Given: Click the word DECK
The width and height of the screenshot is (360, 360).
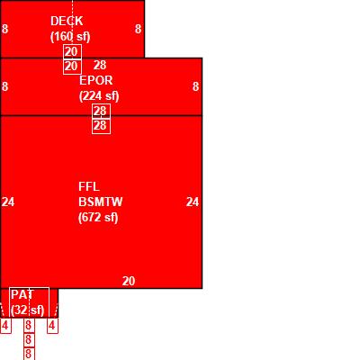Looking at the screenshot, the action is point(67,21).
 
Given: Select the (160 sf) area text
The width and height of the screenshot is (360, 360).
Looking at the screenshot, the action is point(70,37).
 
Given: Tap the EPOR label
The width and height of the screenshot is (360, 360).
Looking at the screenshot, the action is point(96,80).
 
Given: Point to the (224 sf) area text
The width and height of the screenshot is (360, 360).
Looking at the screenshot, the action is point(99,96).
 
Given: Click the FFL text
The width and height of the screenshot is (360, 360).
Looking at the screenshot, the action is point(89,186).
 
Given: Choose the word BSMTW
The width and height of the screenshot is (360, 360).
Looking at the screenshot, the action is point(101,202).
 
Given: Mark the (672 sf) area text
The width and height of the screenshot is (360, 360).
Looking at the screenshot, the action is point(98,218).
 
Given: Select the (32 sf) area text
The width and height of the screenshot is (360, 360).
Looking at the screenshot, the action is point(28,310).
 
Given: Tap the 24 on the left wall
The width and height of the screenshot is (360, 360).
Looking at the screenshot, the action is point(8,202).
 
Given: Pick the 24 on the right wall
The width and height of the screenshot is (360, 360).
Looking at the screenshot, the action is point(193,202).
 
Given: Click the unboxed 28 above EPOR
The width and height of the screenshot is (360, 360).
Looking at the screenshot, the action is point(100,65).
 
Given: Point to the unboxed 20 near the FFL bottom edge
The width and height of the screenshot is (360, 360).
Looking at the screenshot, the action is point(129,281).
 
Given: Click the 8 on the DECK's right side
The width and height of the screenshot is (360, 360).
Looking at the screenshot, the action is point(138,29).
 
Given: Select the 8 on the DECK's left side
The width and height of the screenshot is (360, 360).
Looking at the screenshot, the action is point(4,29).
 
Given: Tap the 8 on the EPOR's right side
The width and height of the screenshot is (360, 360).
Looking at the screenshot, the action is point(195,86).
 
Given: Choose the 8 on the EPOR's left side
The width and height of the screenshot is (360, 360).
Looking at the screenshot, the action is point(4,86).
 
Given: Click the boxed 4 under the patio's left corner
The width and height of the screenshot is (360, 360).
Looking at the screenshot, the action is point(5,326).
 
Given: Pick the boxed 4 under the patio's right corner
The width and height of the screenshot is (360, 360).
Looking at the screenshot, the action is point(52,326).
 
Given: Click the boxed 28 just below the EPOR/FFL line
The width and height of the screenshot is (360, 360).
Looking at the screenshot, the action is point(101,126).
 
